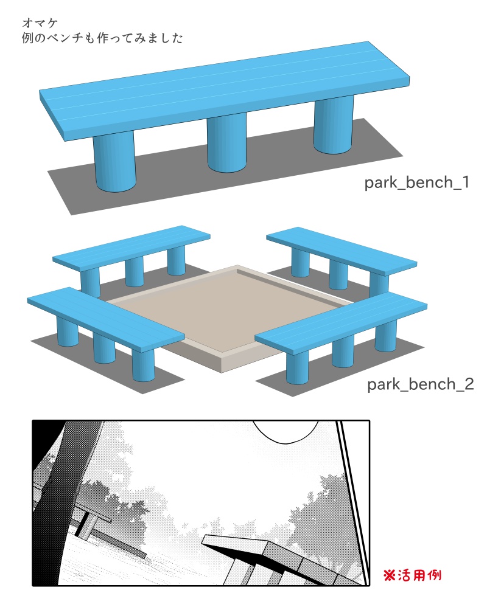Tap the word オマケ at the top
click(x=40, y=23)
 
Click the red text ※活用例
click(x=412, y=574)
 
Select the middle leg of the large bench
click(x=226, y=144)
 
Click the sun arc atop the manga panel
click(x=286, y=432)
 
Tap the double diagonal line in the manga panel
click(x=353, y=499)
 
